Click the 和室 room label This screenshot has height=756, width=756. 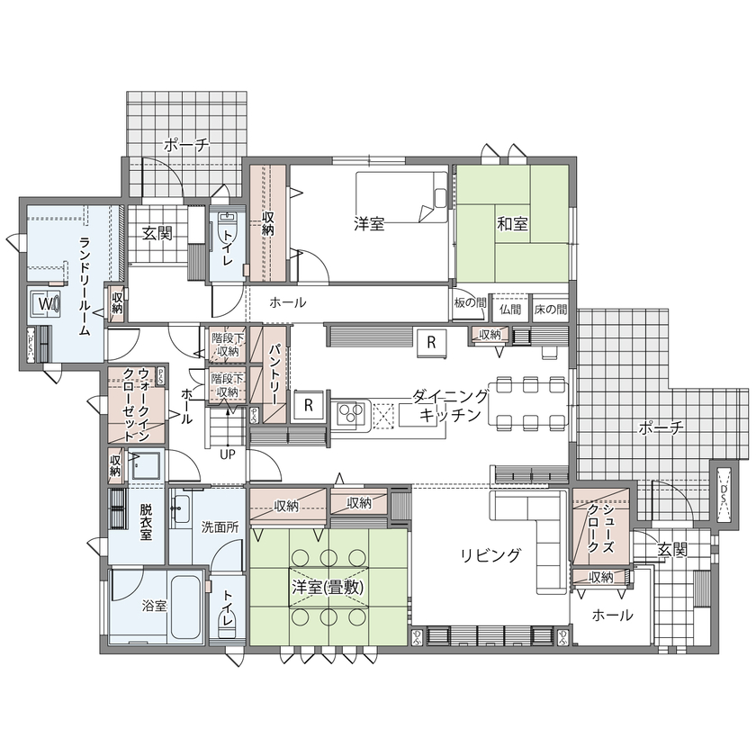[511, 224]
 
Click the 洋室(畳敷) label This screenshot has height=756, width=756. [327, 586]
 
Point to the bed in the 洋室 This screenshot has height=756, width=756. [401, 194]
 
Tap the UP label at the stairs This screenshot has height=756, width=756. [228, 454]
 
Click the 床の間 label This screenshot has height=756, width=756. [549, 309]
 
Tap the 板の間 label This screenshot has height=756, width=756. [470, 303]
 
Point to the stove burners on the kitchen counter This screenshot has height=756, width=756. [349, 414]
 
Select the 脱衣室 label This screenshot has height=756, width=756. [146, 521]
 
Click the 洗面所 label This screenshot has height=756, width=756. [220, 527]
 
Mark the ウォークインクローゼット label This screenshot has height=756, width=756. [130, 404]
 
